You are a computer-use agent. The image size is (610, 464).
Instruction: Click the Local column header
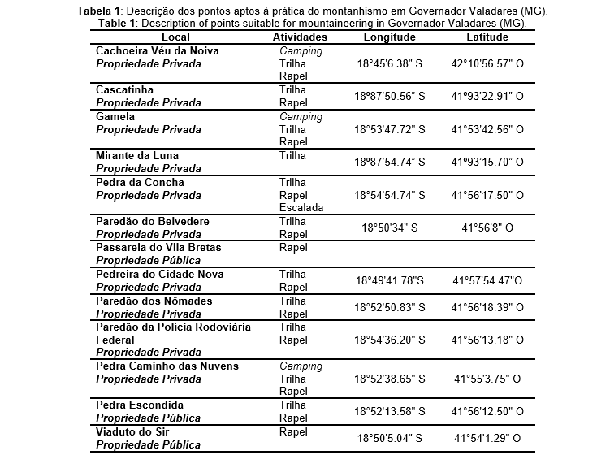pos(175,37)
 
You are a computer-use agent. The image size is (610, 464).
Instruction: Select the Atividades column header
pos(300,37)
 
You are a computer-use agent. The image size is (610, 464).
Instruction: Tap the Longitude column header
pos(390,37)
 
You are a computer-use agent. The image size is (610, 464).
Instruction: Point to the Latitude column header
pos(487,37)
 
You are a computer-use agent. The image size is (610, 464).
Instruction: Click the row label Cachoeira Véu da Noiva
pos(158,50)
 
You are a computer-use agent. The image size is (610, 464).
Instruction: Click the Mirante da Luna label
pos(137,155)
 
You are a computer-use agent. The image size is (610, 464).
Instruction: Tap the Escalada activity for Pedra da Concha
pos(301,208)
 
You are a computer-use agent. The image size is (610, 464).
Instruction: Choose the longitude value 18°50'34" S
pos(390,228)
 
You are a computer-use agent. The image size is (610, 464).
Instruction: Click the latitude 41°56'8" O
pos(487,228)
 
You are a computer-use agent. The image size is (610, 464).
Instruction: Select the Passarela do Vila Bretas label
pos(158,247)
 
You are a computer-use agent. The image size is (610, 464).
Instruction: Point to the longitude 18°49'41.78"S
pos(390,281)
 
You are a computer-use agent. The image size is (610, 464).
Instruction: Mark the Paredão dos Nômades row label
pos(154,301)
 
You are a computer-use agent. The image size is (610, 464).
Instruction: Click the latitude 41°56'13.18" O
pos(487,340)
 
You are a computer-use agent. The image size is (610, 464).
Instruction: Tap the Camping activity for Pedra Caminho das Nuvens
pos(301,366)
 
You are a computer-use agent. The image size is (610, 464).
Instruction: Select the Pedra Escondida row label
pos(140,405)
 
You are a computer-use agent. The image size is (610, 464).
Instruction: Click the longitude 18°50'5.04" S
pos(390,439)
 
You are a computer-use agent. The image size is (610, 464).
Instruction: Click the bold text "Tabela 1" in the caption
pos(97,11)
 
